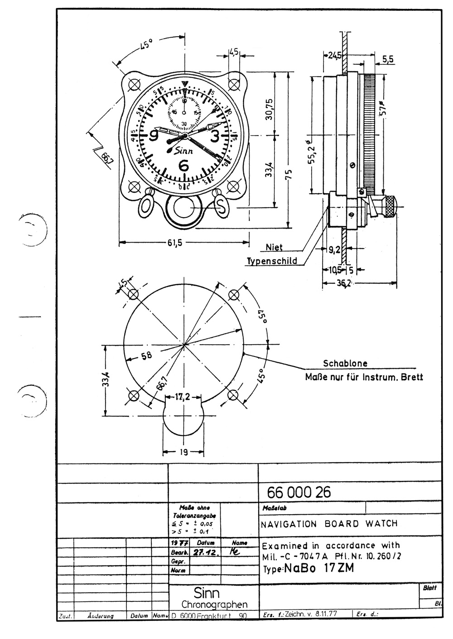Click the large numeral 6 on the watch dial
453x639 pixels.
pyautogui.click(x=184, y=166)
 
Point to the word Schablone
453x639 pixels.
pyautogui.click(x=345, y=363)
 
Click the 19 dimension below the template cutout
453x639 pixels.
pyautogui.click(x=182, y=452)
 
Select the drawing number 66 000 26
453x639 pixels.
pyautogui.click(x=299, y=492)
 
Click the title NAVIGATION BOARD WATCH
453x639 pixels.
pyautogui.click(x=329, y=524)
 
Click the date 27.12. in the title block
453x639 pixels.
pyautogui.click(x=204, y=552)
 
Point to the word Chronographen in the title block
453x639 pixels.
pyautogui.click(x=214, y=605)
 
